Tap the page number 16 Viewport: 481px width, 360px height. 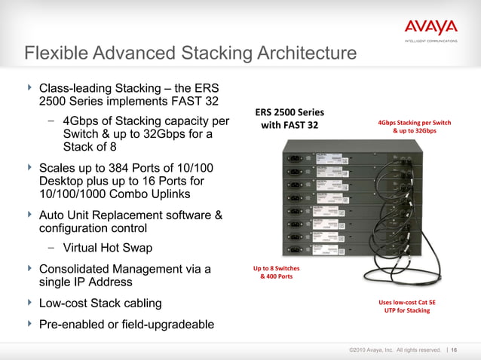click(455, 349)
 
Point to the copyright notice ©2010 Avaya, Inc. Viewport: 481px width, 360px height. click(394, 349)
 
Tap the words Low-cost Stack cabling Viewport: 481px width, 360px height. click(100, 304)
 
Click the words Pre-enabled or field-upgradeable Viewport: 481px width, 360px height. click(126, 325)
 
